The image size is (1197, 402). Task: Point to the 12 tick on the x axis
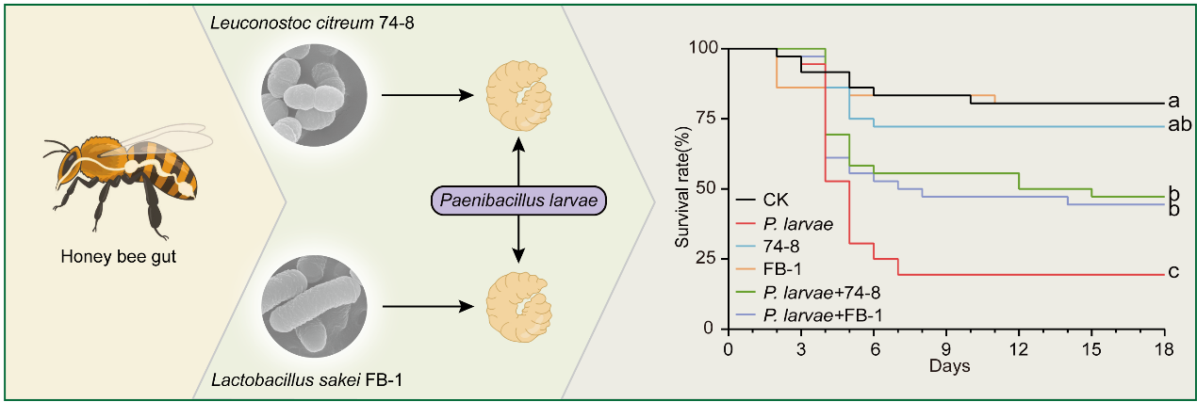pyautogui.click(x=1019, y=349)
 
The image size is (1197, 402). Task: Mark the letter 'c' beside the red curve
pyautogui.click(x=1173, y=273)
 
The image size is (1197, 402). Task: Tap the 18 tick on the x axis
pyautogui.click(x=1165, y=349)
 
